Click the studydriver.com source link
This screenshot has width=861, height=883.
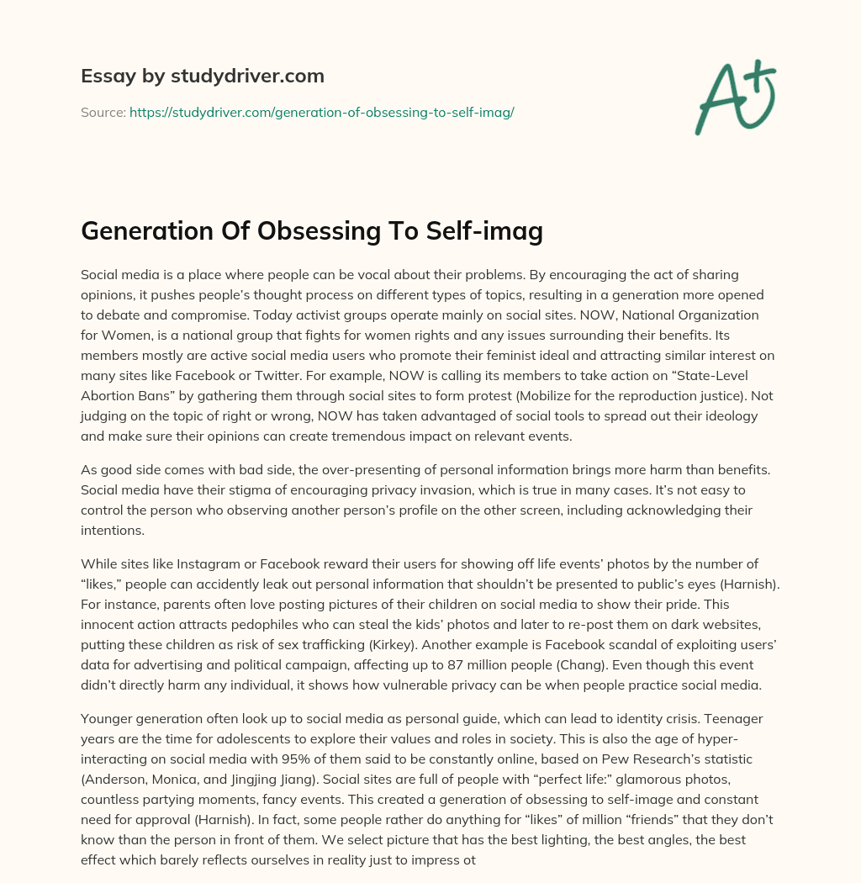click(x=321, y=112)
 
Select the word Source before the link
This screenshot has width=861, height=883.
click(x=103, y=112)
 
